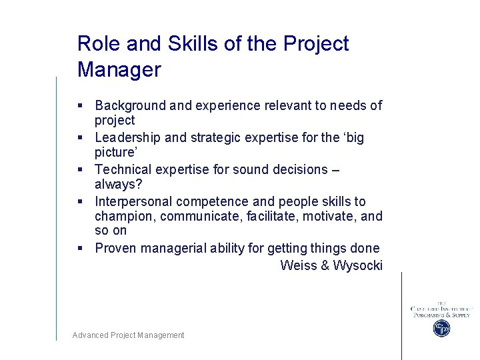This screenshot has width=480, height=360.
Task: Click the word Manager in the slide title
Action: [x=119, y=69]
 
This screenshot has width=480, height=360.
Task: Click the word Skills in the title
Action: [x=187, y=43]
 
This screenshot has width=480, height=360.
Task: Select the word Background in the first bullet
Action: [x=130, y=105]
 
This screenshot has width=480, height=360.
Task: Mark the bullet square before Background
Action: [x=80, y=105]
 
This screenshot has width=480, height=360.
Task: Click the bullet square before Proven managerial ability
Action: [x=80, y=249]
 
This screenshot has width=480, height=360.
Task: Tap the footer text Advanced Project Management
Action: [x=128, y=335]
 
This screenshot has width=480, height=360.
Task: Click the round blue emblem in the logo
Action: [x=441, y=328]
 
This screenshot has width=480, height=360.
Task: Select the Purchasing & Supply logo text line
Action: [x=441, y=315]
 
